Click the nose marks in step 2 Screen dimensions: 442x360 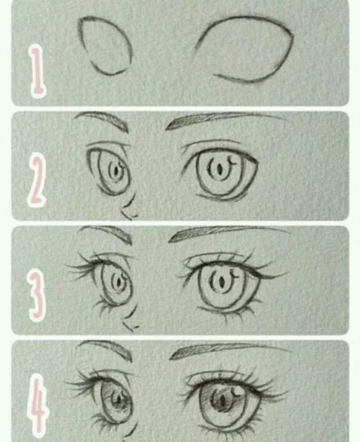pos(130,211)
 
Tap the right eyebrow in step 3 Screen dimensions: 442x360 pos(223,234)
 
